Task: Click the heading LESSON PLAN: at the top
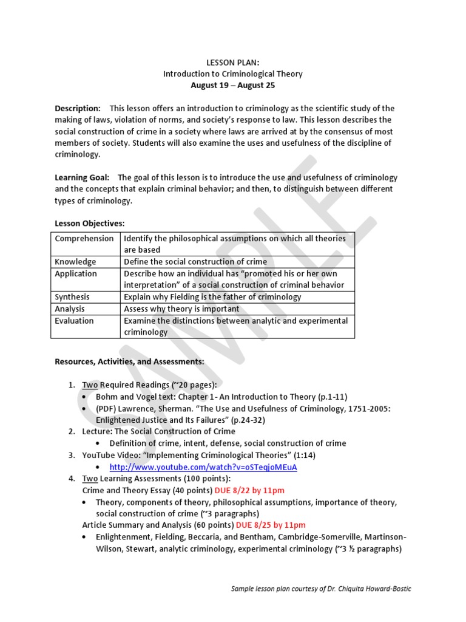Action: [x=232, y=62]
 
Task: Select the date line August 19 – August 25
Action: [x=232, y=85]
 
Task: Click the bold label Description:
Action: [x=78, y=108]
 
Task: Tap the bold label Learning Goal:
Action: [x=82, y=177]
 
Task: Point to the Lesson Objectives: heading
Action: [x=89, y=224]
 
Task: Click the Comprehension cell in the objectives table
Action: [x=84, y=239]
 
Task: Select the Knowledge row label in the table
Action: [x=75, y=262]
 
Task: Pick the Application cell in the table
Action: [x=76, y=273]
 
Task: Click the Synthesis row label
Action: [x=72, y=297]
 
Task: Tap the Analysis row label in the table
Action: [x=70, y=309]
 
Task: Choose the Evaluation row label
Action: [x=74, y=320]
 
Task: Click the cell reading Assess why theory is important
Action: [x=181, y=309]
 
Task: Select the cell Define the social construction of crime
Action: [x=195, y=262]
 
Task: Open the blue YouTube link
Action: [x=203, y=467]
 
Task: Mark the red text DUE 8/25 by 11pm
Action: [x=271, y=525]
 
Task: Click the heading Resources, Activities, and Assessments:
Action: [x=129, y=361]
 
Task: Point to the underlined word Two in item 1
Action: [x=90, y=385]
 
